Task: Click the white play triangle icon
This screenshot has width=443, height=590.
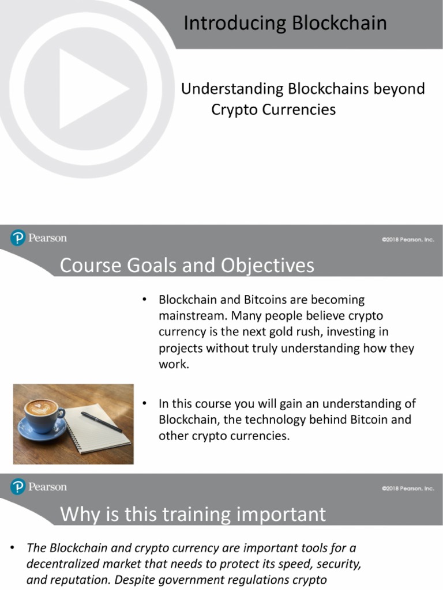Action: [x=89, y=88]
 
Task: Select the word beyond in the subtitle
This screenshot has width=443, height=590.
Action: [x=399, y=89]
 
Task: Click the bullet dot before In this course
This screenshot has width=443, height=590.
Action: [x=146, y=403]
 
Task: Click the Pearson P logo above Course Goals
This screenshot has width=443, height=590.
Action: [x=18, y=237]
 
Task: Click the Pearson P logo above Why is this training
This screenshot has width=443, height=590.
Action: [x=18, y=487]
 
